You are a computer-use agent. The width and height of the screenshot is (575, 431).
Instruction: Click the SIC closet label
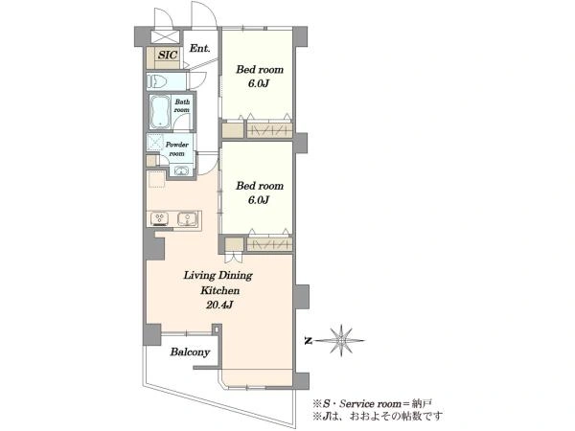(x=168, y=55)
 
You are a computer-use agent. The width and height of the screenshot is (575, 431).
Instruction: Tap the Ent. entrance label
(x=199, y=49)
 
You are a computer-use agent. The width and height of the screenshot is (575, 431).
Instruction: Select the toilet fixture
(x=158, y=81)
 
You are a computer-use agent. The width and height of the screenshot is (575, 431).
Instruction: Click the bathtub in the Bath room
(x=160, y=111)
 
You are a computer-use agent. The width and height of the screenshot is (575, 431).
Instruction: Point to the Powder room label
(x=176, y=148)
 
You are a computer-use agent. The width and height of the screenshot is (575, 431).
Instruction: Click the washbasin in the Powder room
(x=181, y=170)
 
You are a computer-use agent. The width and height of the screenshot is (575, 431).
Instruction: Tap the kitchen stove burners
(x=159, y=218)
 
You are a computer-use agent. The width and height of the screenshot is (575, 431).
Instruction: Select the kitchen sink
(x=188, y=218)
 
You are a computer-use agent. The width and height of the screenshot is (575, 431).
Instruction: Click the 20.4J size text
(x=219, y=305)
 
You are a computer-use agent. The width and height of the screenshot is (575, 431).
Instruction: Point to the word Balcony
(x=190, y=352)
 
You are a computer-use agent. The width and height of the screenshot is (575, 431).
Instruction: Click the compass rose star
(x=341, y=340)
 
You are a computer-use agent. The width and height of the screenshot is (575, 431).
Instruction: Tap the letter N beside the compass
(x=308, y=341)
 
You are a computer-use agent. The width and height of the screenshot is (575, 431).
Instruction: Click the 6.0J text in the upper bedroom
(x=259, y=83)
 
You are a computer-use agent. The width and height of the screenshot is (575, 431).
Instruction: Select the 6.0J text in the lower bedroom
(x=259, y=200)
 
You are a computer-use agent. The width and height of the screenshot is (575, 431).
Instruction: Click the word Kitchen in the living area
(x=219, y=290)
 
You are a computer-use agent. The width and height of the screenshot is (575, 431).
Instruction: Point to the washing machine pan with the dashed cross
(x=154, y=143)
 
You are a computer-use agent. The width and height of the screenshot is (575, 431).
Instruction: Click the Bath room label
(x=182, y=106)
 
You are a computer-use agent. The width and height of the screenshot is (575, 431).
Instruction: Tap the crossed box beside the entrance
(x=165, y=37)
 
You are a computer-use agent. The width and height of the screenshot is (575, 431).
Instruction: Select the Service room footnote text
(x=372, y=404)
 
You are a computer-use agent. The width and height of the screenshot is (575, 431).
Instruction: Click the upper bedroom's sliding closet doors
(x=269, y=131)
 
